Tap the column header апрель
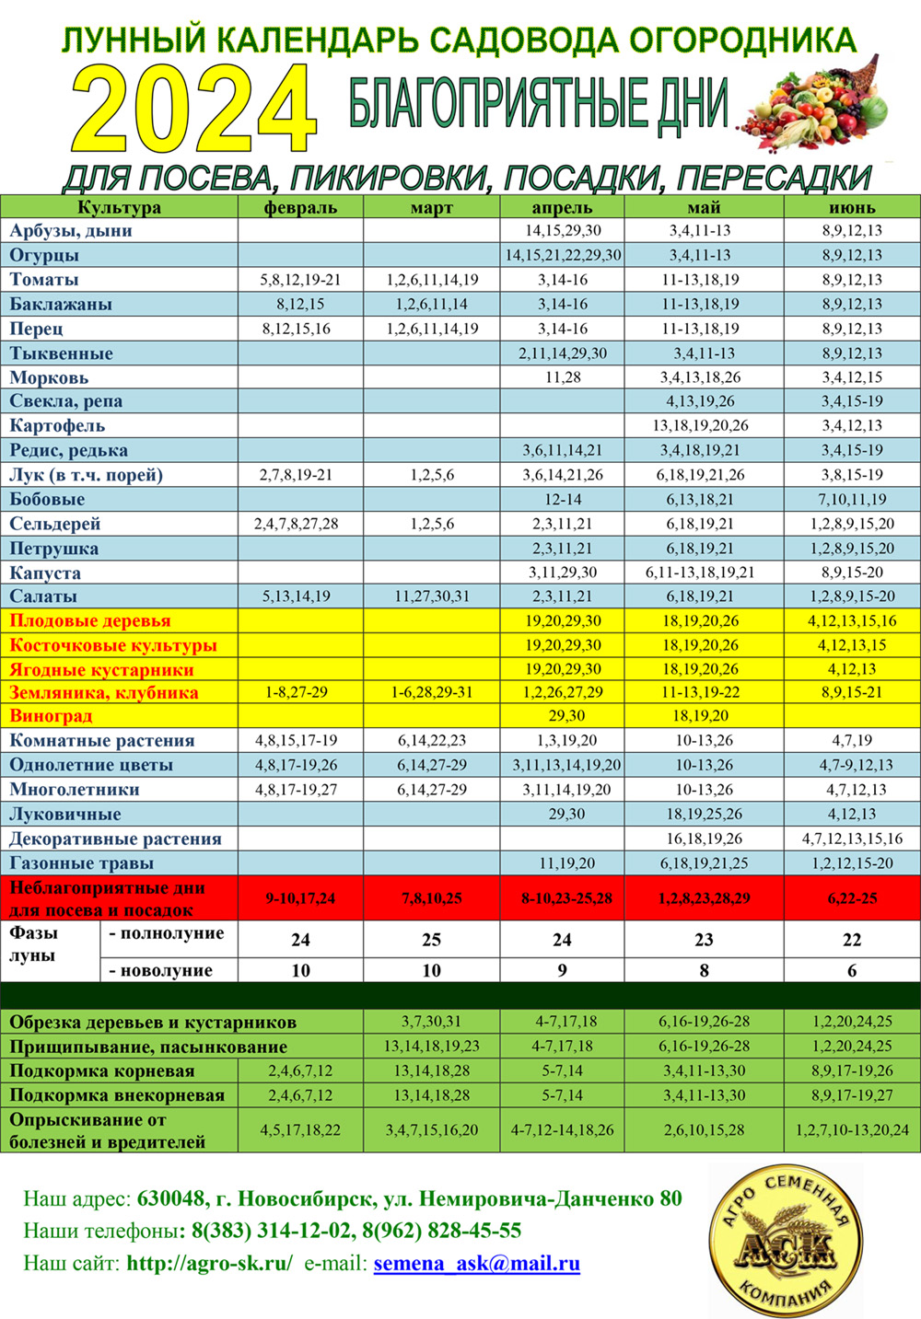click(562, 207)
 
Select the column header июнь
click(852, 207)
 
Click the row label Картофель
click(57, 425)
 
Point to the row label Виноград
click(51, 716)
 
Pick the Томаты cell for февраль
click(300, 280)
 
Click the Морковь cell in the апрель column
click(562, 377)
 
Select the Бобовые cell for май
click(704, 499)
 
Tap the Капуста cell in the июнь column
click(852, 573)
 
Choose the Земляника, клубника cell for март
click(431, 692)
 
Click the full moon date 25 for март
click(431, 940)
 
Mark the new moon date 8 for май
click(704, 970)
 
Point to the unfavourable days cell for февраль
click(300, 897)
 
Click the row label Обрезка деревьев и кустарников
click(153, 1022)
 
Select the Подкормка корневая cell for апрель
click(562, 1070)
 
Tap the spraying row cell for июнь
click(852, 1129)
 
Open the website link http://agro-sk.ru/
click(209, 1263)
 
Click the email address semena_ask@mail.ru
click(476, 1263)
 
